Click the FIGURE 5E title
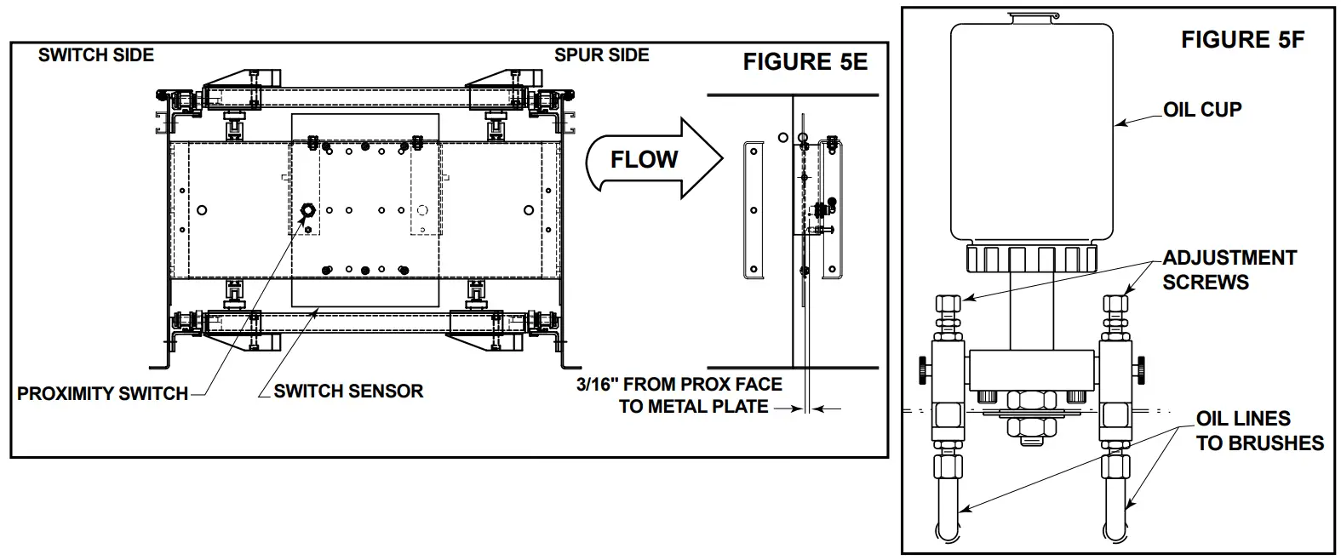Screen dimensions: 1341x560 (805, 61)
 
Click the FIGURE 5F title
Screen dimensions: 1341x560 (1243, 39)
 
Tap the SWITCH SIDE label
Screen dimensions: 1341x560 (95, 55)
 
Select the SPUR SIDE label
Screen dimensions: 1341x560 (602, 55)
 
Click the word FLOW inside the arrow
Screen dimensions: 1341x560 (645, 160)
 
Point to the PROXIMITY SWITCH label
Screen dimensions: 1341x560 (102, 394)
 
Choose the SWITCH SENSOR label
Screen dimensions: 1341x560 (348, 391)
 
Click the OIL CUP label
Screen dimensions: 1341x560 (1202, 110)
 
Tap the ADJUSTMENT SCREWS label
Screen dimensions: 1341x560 (1229, 270)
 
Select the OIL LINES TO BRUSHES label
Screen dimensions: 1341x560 (1259, 431)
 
